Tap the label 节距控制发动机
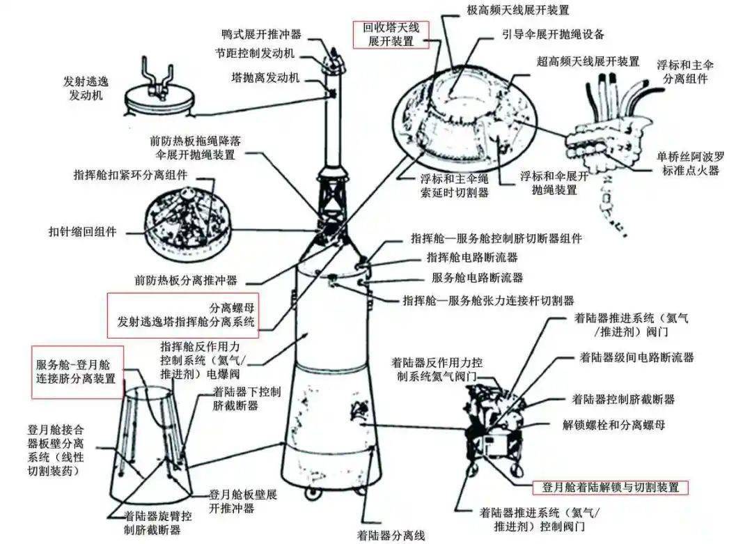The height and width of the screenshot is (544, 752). pos(254,54)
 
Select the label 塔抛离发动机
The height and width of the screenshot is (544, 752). pos(265,77)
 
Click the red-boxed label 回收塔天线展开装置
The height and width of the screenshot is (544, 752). pos(391,34)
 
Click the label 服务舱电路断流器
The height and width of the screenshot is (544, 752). pos(477,277)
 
